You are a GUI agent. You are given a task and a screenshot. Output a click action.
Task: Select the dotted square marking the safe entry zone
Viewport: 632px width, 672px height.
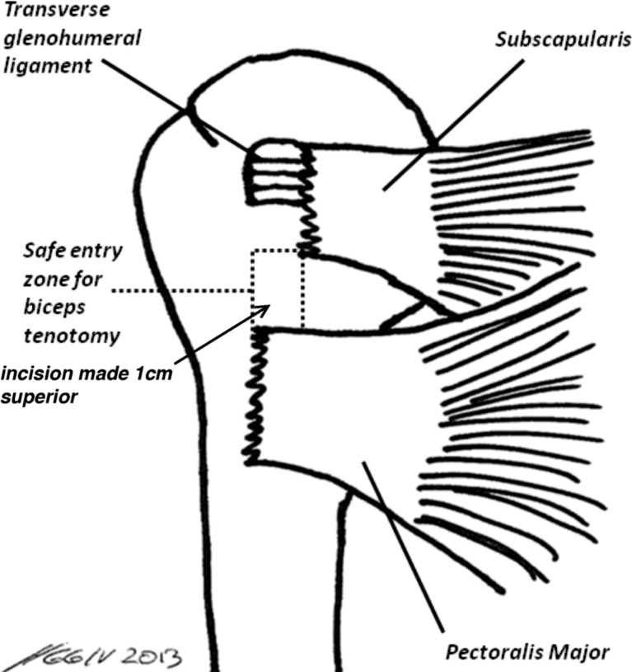(x=278, y=289)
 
